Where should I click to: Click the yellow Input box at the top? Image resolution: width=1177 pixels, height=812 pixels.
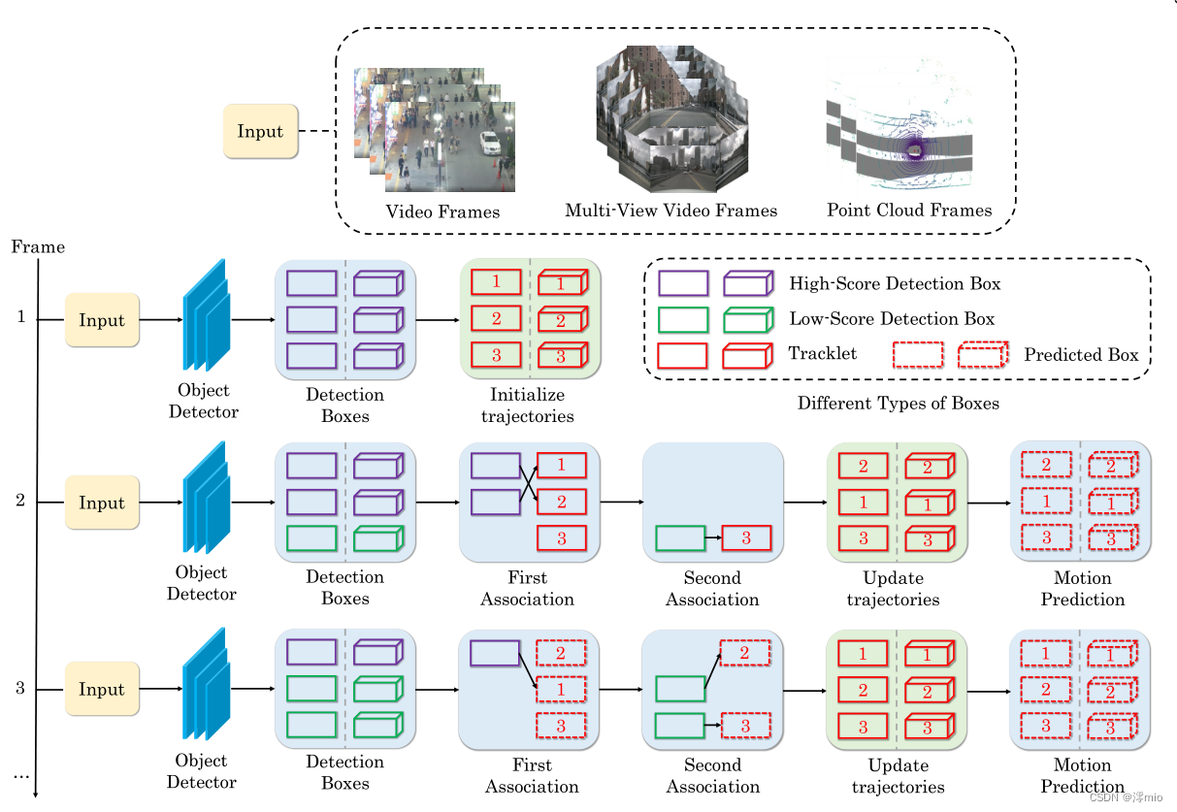tap(260, 132)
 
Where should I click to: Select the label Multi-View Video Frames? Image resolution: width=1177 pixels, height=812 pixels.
tap(670, 211)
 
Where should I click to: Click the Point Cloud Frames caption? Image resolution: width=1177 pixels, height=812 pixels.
tap(909, 210)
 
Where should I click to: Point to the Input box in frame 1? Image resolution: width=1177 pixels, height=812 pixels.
tap(102, 320)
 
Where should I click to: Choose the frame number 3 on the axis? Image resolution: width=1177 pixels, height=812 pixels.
tap(19, 690)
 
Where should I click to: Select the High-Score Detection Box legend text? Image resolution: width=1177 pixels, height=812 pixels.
tap(895, 283)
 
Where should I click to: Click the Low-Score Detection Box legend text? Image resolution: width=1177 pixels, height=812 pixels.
tap(892, 319)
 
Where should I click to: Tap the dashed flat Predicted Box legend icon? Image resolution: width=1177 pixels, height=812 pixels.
tap(918, 355)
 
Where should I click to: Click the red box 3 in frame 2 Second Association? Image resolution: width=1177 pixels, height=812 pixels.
tap(745, 538)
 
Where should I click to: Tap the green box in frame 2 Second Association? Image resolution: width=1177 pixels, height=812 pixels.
tap(680, 538)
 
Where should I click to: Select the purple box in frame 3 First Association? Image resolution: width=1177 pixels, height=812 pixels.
tap(495, 653)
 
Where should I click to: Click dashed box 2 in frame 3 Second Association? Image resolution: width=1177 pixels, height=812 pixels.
tap(744, 653)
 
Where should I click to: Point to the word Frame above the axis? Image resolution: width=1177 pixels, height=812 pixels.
tap(38, 247)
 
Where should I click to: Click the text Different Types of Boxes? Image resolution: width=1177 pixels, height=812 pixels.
tap(898, 403)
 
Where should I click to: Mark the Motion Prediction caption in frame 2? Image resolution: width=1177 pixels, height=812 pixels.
tap(1082, 589)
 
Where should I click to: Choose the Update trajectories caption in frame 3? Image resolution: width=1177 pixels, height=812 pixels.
tap(893, 776)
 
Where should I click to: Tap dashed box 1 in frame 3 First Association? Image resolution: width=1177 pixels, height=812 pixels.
tap(561, 689)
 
